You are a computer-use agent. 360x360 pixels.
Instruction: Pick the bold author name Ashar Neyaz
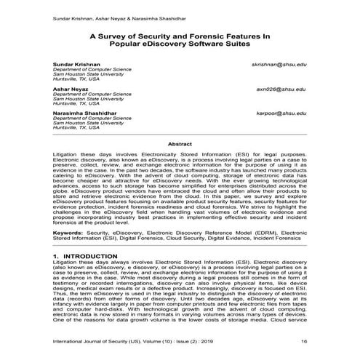tap(70, 89)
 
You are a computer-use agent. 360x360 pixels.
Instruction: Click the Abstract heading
tap(180, 144)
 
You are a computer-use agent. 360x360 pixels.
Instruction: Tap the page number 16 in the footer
tap(303, 340)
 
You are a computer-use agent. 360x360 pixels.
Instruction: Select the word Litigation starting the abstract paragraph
tap(68, 155)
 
